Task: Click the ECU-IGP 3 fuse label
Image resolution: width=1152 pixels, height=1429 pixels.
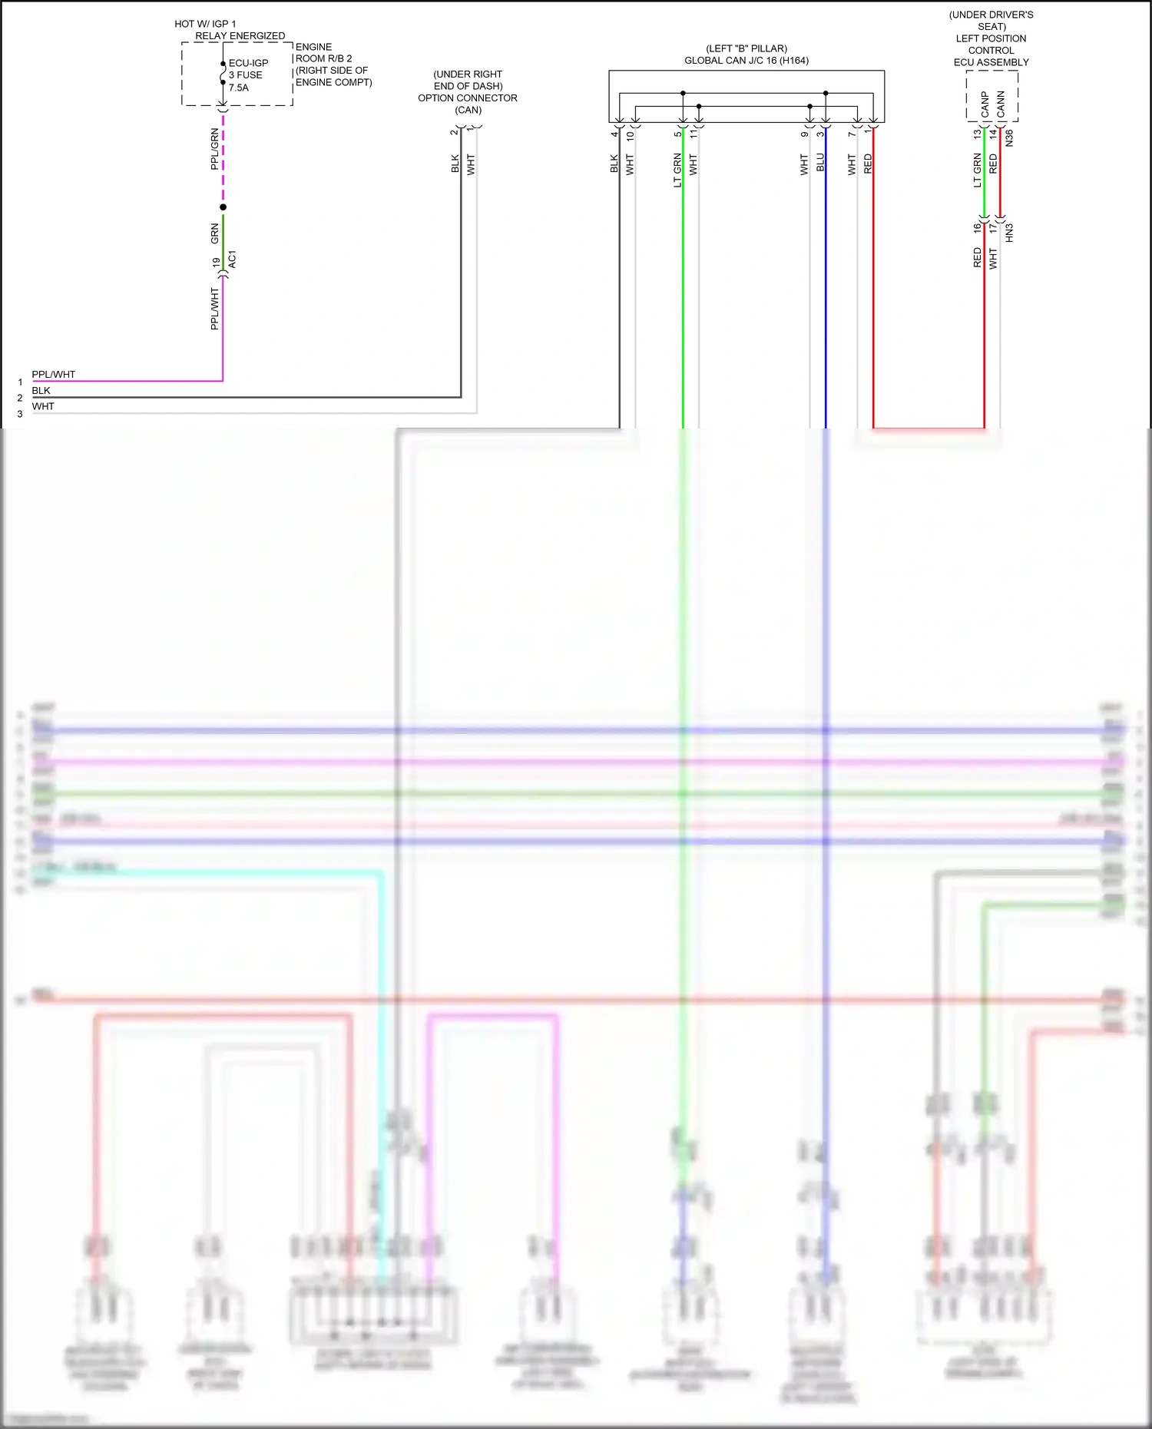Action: tap(247, 74)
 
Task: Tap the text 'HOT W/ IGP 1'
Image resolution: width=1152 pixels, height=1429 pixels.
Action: tap(205, 24)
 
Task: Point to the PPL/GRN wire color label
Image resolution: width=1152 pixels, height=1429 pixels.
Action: tap(214, 149)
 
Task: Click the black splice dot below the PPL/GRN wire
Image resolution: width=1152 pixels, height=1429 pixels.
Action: tap(223, 207)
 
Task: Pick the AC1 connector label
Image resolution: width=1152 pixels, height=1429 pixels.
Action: tap(232, 260)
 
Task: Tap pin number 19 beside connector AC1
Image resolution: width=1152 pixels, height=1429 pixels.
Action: tap(216, 262)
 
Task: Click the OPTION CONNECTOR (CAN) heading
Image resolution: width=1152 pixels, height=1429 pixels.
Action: tap(468, 92)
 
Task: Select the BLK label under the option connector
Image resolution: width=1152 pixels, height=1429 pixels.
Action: tap(455, 164)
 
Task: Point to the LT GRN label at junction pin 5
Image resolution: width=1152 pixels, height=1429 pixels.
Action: tap(677, 170)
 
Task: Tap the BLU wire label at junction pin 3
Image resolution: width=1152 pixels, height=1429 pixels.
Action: tap(820, 163)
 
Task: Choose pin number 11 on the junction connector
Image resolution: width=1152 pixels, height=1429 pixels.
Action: tap(694, 134)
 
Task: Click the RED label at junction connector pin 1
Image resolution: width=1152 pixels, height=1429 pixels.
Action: tap(868, 164)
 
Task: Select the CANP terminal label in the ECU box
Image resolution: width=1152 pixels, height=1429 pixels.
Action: tap(985, 104)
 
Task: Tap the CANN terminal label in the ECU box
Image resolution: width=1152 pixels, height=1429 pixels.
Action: tap(1001, 104)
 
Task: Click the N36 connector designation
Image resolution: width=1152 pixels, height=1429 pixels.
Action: tap(1009, 138)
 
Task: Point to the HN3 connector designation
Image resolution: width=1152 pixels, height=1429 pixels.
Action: tap(1009, 233)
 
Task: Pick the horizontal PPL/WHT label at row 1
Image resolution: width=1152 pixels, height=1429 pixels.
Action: tap(54, 375)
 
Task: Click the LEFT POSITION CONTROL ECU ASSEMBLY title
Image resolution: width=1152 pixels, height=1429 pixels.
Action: tap(991, 50)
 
